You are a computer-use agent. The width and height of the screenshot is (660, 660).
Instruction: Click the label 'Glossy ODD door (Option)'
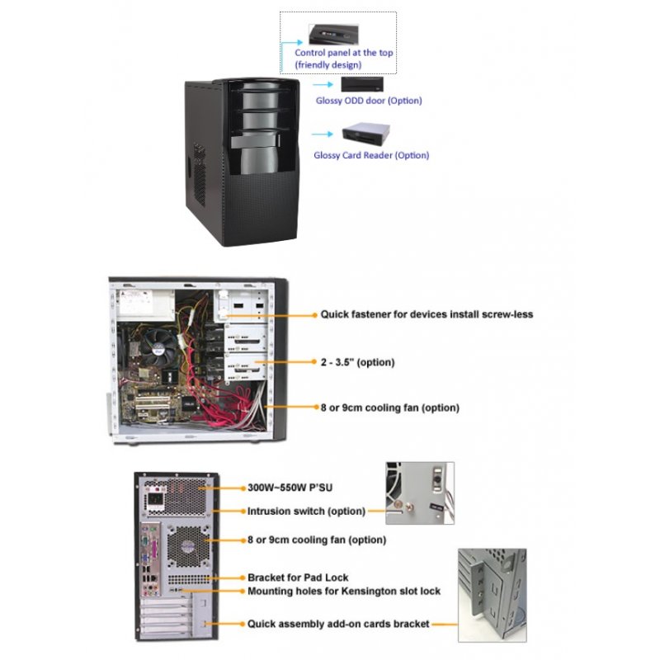369,101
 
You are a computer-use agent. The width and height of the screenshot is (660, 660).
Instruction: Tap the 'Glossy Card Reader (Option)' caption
371,155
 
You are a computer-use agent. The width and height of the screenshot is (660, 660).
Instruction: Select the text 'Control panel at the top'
344,53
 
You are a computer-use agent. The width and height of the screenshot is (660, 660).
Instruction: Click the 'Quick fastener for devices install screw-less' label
426,314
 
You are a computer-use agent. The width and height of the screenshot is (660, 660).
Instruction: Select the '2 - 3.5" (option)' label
357,362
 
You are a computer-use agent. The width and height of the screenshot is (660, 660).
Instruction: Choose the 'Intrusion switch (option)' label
306,511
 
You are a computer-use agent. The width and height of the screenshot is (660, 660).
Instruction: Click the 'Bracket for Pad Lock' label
298,577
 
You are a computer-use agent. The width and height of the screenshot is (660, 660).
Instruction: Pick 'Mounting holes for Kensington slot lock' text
344,591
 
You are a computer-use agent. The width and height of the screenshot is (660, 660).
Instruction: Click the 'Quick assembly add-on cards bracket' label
338,624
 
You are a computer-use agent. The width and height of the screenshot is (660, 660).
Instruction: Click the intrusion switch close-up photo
419,493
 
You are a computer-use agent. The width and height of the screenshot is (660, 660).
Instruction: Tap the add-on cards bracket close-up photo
492,595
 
